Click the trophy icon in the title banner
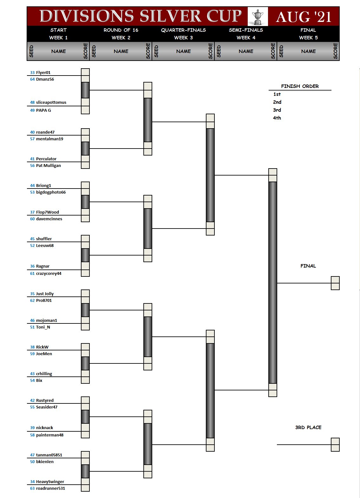click(258, 17)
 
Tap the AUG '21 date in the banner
click(304, 17)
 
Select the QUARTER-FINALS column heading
click(183, 30)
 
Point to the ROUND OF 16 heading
click(121, 30)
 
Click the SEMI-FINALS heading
click(246, 30)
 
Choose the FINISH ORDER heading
click(300, 86)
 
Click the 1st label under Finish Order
click(277, 94)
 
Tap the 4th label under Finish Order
click(277, 118)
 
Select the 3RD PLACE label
click(308, 428)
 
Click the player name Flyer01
click(43, 73)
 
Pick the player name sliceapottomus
click(51, 103)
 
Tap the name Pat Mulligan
click(48, 166)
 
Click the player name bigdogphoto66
click(51, 192)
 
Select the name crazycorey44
click(49, 274)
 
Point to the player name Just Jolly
click(45, 294)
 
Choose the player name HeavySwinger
click(50, 482)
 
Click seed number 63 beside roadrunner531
click(32, 488)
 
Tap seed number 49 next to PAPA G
click(32, 110)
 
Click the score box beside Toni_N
click(85, 327)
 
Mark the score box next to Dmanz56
click(85, 79)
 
